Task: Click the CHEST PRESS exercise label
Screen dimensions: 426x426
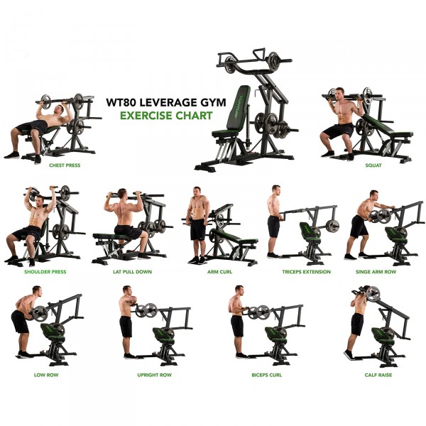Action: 65,165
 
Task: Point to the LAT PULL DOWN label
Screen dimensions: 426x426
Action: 133,271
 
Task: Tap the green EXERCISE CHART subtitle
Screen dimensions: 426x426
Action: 165,116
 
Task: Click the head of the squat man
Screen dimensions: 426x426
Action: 339,94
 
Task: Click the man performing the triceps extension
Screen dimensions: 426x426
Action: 274,220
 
